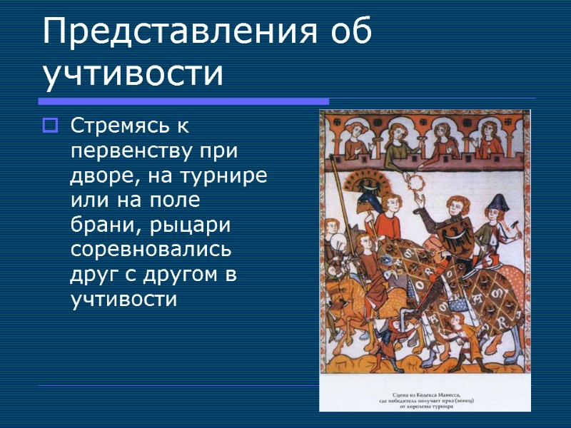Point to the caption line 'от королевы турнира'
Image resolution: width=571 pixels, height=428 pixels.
425,407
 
